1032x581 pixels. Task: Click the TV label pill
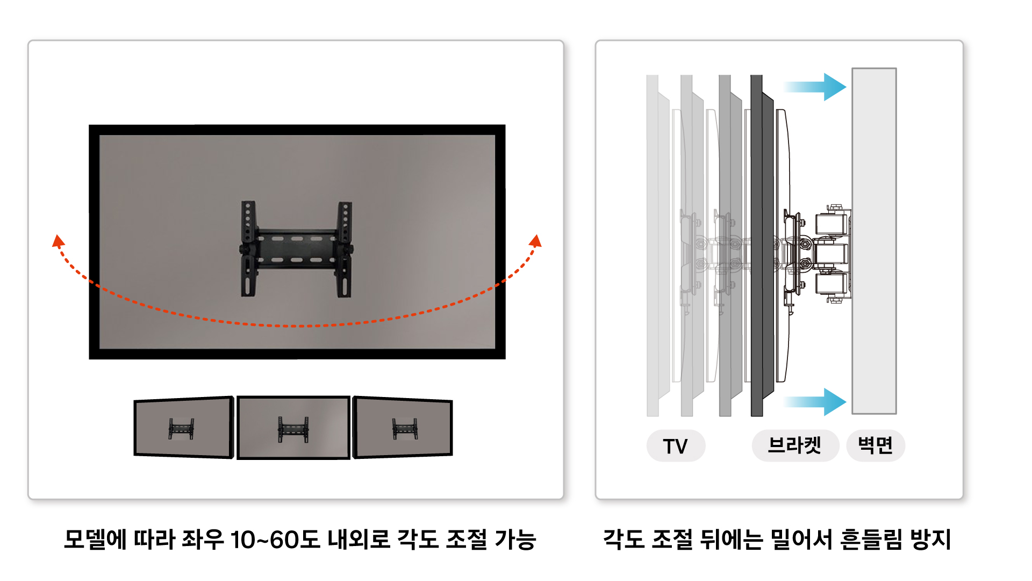click(x=676, y=445)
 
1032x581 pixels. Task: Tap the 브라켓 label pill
click(x=795, y=445)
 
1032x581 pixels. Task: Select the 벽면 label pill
click(x=876, y=445)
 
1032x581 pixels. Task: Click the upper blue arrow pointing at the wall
click(x=815, y=87)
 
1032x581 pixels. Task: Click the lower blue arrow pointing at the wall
click(x=815, y=402)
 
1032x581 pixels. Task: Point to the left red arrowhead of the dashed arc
click(x=58, y=241)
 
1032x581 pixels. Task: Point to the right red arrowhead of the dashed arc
click(x=535, y=241)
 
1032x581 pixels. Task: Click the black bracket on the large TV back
click(x=297, y=249)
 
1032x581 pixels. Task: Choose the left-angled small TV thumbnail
click(x=184, y=428)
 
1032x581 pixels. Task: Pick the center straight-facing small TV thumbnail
click(x=293, y=428)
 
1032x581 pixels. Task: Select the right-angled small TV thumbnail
click(x=403, y=428)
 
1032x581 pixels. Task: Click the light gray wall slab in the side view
click(x=874, y=241)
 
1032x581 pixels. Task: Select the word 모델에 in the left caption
click(x=95, y=540)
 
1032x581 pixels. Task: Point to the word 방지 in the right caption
click(x=930, y=540)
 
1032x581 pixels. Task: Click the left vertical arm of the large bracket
click(x=248, y=249)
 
